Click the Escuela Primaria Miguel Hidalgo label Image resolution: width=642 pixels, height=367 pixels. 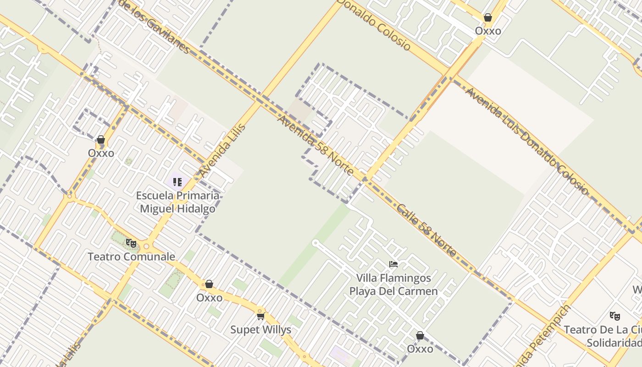(177, 202)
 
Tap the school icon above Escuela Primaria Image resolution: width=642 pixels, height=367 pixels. (177, 182)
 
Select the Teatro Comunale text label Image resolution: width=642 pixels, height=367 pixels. (131, 256)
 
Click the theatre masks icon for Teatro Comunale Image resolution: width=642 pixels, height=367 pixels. (131, 243)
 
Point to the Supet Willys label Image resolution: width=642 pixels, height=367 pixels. (260, 330)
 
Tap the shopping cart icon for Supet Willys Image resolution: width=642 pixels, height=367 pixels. (260, 316)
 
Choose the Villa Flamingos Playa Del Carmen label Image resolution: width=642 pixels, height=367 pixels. (393, 284)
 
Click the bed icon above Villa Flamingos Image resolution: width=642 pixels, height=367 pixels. (393, 264)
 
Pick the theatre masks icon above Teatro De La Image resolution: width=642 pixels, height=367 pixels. (614, 316)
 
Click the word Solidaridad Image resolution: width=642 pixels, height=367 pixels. (614, 343)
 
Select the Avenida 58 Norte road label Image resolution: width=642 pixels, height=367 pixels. (316, 145)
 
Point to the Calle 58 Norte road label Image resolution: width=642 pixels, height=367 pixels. (426, 230)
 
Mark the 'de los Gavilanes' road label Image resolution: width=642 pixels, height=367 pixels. (154, 27)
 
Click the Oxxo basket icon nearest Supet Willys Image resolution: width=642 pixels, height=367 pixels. (209, 284)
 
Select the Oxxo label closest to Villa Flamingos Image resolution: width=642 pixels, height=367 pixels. (420, 349)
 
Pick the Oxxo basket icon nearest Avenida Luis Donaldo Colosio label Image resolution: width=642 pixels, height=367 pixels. (488, 17)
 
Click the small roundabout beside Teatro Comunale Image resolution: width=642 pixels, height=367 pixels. (146, 246)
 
